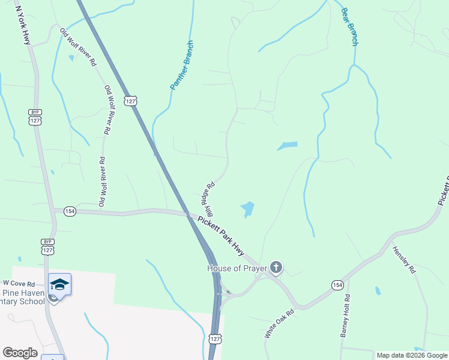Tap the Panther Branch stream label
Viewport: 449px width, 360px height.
tap(182, 65)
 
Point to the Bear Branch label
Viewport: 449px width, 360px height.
tap(349, 27)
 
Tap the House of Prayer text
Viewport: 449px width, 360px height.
tap(237, 268)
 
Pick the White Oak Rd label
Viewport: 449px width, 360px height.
tap(279, 324)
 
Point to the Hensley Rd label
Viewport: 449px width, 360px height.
tap(404, 260)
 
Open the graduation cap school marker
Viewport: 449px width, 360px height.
tap(59, 284)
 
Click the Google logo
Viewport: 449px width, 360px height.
tap(20, 353)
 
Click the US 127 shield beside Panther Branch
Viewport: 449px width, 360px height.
tap(131, 100)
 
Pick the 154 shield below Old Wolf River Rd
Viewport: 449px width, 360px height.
tap(70, 211)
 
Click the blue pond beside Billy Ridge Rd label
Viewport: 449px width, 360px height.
tap(247, 209)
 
